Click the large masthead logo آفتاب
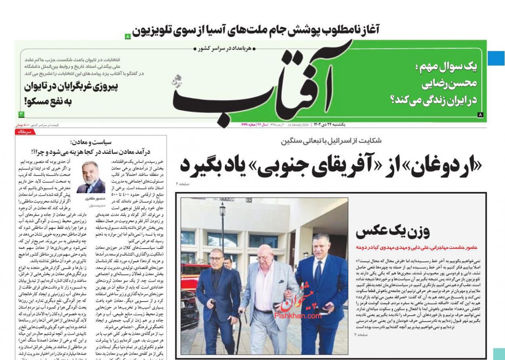click(x=259, y=87)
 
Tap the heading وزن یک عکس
click(x=392, y=232)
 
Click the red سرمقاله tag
click(x=25, y=132)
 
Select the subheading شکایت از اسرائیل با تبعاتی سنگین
click(x=331, y=141)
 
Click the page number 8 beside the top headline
click(x=128, y=36)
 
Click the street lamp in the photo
click(x=222, y=218)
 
